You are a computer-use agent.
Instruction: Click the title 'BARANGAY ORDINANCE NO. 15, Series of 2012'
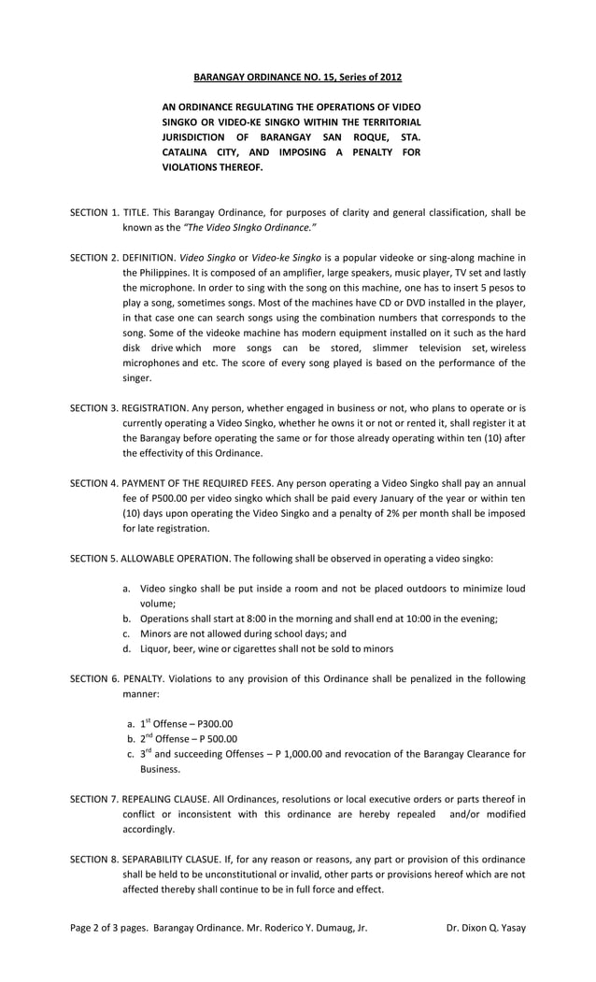[x=297, y=77]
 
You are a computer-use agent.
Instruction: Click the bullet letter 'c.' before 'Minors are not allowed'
[x=127, y=633]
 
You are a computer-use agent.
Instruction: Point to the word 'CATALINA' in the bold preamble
[x=191, y=151]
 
